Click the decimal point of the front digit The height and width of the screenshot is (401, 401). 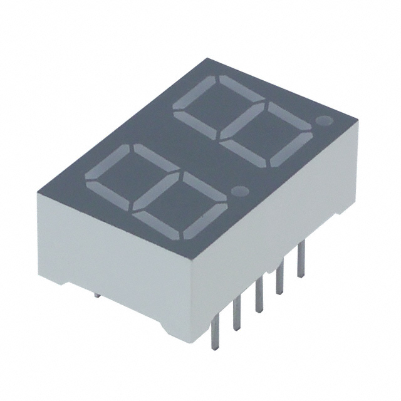[x=239, y=189]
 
